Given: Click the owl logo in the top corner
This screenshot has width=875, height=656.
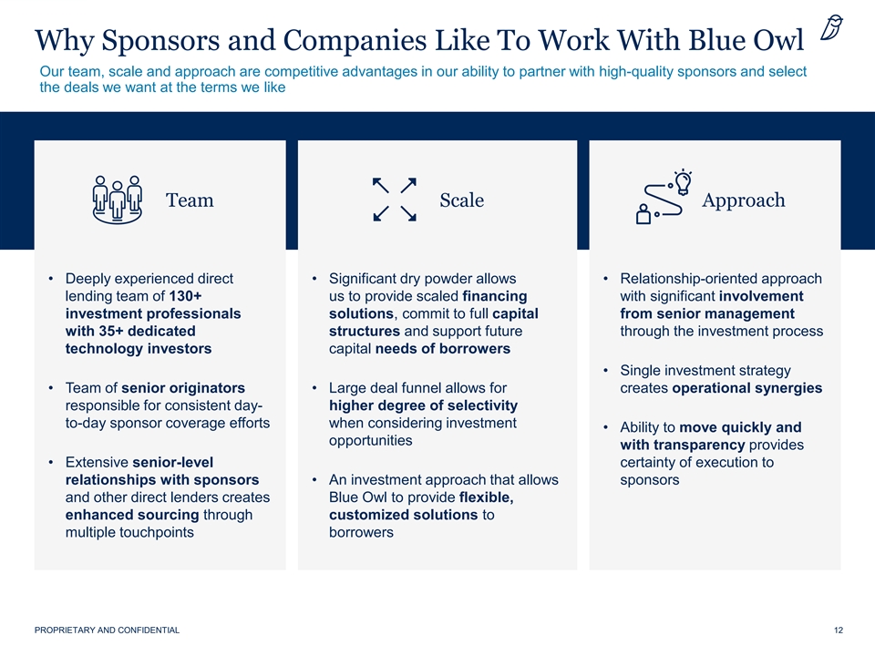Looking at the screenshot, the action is click(x=831, y=28).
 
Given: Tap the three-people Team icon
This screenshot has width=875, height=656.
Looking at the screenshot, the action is click(x=118, y=200).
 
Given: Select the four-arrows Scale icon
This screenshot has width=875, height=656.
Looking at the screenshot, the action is click(x=395, y=200).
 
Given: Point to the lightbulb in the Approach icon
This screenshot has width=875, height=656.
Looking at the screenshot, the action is click(x=683, y=182).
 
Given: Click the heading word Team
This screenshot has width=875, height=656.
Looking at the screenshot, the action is click(x=190, y=200).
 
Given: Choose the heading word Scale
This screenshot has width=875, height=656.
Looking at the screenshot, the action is click(x=461, y=200).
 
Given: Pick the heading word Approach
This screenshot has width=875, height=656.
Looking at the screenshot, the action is click(x=744, y=200).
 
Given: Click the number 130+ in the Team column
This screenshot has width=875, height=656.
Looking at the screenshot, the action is click(x=185, y=295).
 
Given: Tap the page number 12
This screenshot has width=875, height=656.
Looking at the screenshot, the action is click(x=839, y=630).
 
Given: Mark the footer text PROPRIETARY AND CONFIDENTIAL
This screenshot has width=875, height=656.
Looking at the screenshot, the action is click(x=108, y=630).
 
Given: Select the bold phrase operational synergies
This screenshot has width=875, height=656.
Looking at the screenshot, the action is click(x=746, y=388).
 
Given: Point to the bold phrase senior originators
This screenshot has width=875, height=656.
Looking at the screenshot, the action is click(x=183, y=388).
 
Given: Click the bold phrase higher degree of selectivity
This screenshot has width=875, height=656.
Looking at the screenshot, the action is click(x=423, y=405).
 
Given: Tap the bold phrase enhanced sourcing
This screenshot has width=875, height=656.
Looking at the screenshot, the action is click(x=132, y=515).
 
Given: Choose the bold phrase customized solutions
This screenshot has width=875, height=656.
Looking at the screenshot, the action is click(x=404, y=514).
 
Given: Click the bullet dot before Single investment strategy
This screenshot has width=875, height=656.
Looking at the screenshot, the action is click(x=605, y=371).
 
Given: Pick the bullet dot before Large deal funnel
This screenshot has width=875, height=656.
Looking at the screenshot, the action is click(x=314, y=388).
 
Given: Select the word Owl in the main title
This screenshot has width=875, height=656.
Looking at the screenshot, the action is click(x=777, y=40).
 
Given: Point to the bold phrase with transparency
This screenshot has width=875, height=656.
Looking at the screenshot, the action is click(x=683, y=446).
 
